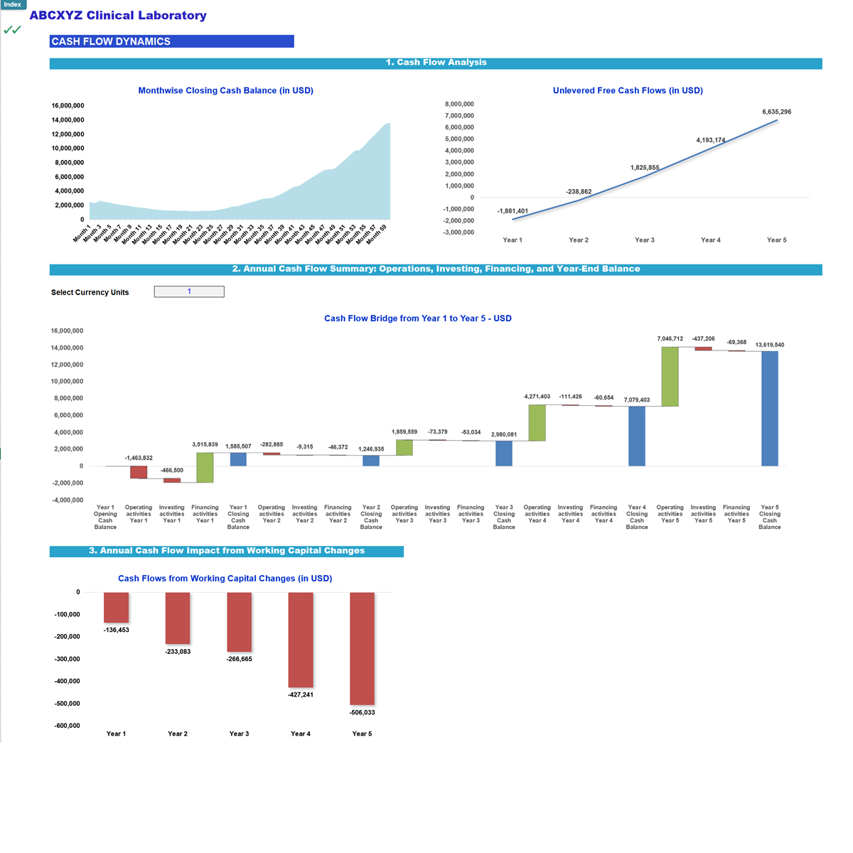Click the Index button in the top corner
tap(13, 5)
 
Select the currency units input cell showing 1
tap(189, 291)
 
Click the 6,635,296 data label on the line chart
tap(776, 112)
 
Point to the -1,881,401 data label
tap(513, 211)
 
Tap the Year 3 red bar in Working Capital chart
tap(239, 622)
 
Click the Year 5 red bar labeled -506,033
tap(362, 648)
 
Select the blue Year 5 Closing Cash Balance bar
tap(769, 409)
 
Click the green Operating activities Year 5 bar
tap(670, 377)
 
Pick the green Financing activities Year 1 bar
tap(205, 468)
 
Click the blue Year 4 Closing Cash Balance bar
tap(637, 436)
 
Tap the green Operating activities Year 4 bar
tap(537, 423)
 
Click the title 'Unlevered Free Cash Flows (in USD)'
tap(628, 90)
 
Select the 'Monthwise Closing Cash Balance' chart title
tap(225, 90)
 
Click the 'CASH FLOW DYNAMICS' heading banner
tap(171, 42)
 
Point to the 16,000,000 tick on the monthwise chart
tap(68, 106)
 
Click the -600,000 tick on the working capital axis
tap(68, 726)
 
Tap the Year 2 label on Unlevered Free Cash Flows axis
tap(579, 240)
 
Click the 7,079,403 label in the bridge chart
tap(637, 399)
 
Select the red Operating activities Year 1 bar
tap(139, 472)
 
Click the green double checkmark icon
tap(12, 30)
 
